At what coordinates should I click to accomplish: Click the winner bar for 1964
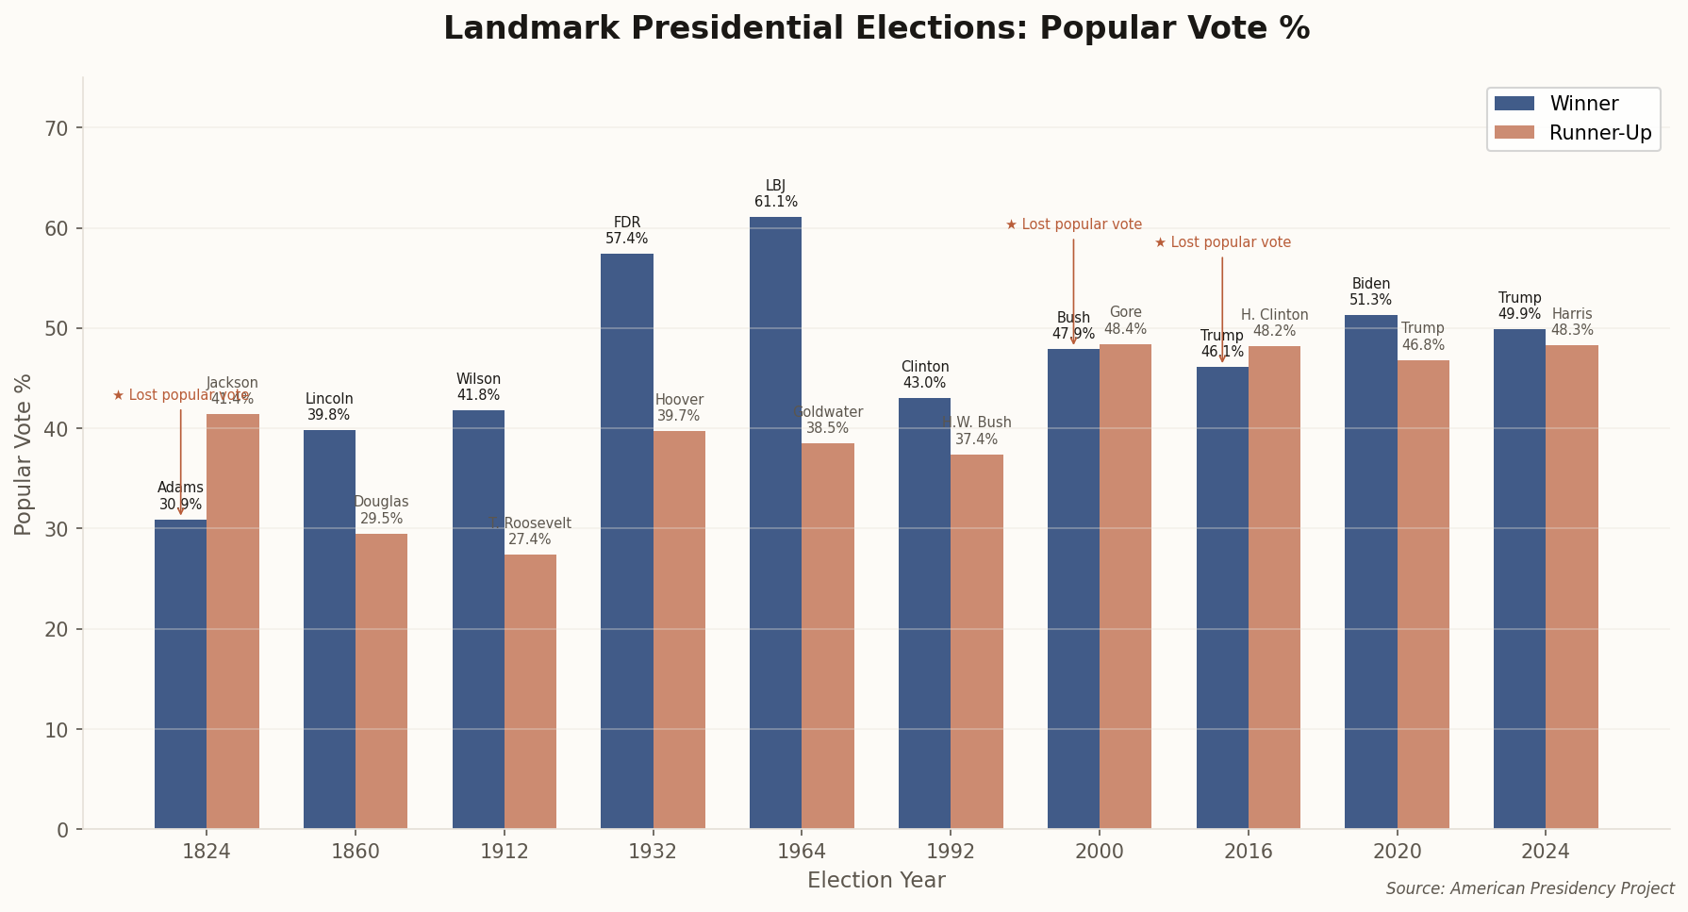click(x=775, y=523)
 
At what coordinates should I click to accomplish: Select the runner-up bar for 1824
click(x=233, y=622)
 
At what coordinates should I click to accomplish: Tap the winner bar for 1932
click(x=626, y=541)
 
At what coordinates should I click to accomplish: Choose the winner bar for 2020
click(x=1370, y=572)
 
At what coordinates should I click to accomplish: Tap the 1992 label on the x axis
click(x=951, y=852)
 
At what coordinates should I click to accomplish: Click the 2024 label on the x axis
click(x=1546, y=852)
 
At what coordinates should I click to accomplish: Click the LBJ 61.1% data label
click(x=775, y=194)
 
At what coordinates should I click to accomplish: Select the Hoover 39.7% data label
click(x=679, y=408)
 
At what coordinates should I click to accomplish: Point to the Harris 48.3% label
click(x=1572, y=323)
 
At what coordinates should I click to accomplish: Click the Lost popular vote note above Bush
click(x=1073, y=225)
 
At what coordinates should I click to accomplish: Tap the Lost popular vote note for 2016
click(x=1222, y=243)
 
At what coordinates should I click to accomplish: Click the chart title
click(x=876, y=28)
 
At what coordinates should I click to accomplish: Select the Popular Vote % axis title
click(x=24, y=454)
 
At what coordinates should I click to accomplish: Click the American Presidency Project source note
click(x=1530, y=888)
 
